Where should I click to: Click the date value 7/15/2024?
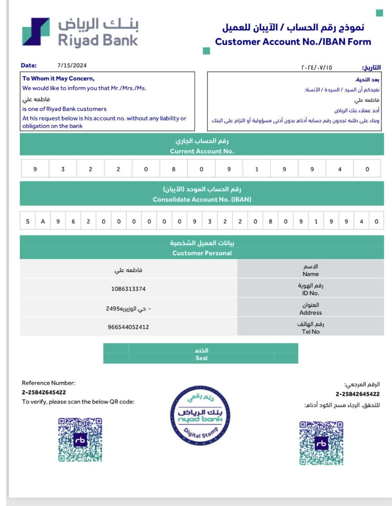[72, 65]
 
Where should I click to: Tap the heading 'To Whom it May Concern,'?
[58, 79]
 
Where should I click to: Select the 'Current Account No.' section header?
[202, 151]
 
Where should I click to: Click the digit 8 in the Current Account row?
[173, 169]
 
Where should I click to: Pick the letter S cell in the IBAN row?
[28, 221]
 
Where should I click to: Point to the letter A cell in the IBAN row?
[43, 221]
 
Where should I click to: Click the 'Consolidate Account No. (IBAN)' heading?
[202, 199]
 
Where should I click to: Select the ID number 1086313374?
[128, 289]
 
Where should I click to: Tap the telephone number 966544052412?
[128, 327]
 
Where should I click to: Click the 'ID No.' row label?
[311, 293]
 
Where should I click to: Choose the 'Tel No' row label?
[311, 331]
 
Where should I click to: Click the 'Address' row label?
[311, 312]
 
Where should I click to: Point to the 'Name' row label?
[311, 274]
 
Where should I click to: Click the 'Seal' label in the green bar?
[201, 358]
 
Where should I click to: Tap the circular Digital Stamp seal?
[200, 415]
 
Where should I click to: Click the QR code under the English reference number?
[80, 440]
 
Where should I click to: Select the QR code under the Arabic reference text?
[321, 442]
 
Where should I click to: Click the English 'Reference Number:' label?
[48, 383]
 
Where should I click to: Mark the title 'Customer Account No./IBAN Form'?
[293, 42]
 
